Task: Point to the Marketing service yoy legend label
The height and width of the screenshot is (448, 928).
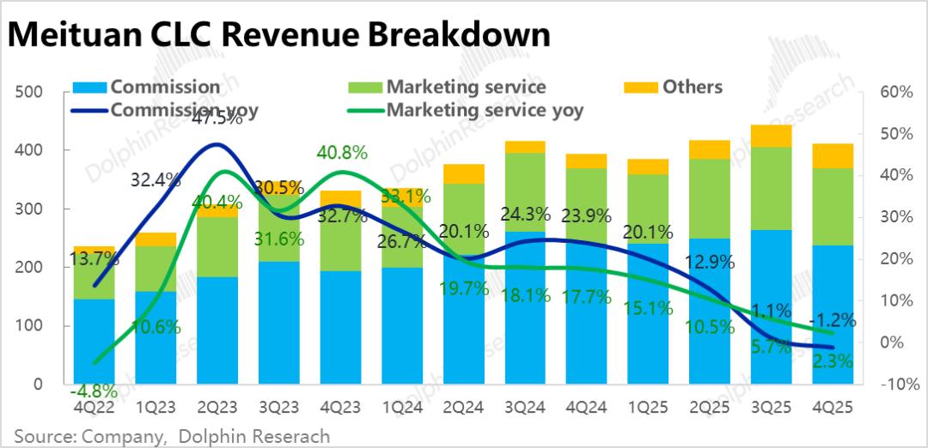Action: (485, 110)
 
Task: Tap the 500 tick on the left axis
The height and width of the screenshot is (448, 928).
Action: (31, 92)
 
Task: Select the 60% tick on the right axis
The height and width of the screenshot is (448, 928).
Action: (894, 92)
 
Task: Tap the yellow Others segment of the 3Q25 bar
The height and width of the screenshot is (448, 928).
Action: (771, 136)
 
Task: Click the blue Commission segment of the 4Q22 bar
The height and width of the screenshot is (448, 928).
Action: (94, 342)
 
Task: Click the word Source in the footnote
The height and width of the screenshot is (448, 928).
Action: (40, 436)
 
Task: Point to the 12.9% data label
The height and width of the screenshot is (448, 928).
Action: (710, 263)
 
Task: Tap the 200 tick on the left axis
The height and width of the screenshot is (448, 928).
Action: (31, 268)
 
